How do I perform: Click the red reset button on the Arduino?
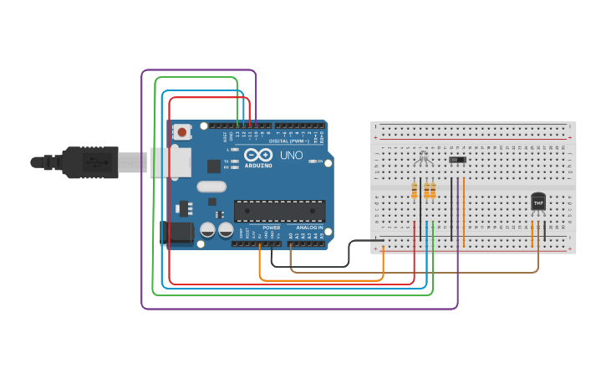coord(182,131)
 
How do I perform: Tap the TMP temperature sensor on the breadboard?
coord(538,202)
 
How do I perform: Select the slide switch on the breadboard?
coord(457,159)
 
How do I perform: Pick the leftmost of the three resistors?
coord(415,192)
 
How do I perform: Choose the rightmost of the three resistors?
coord(433,192)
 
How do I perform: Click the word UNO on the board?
coord(291,156)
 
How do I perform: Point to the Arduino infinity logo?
coord(260,156)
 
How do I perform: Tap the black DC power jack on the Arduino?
coord(176,233)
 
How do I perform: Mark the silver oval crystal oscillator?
coord(212,187)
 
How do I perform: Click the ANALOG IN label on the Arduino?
coord(308,227)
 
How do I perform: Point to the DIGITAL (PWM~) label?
coord(289,141)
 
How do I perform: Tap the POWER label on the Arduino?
coord(272,227)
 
